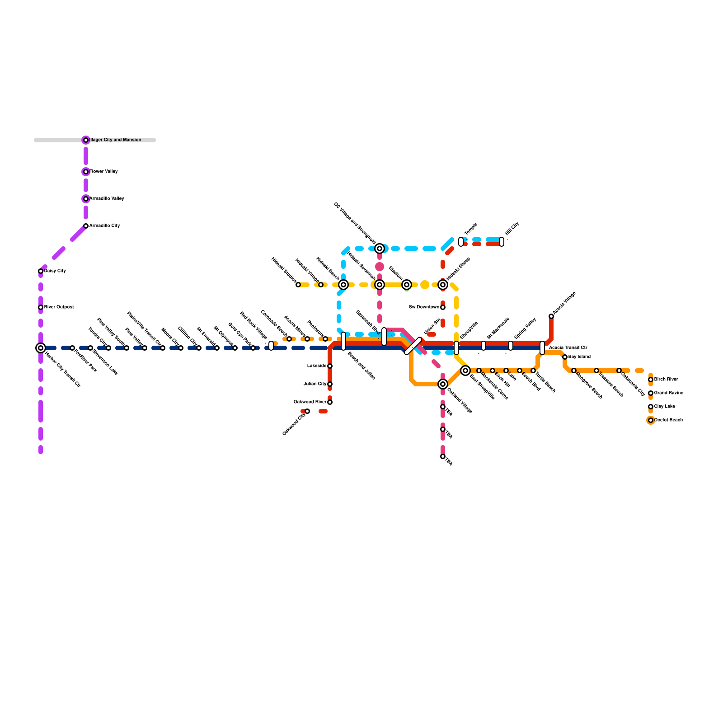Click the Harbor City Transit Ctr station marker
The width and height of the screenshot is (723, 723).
(x=41, y=348)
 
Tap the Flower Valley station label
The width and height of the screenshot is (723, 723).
(x=103, y=172)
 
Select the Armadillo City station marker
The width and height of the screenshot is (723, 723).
(x=86, y=226)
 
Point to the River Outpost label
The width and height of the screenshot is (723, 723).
(x=59, y=307)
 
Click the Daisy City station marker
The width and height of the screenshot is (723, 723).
(x=41, y=271)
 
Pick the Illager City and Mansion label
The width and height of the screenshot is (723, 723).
(x=115, y=140)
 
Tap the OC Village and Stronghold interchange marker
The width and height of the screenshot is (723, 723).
(x=380, y=249)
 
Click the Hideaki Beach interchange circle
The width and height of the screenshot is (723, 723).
(x=343, y=285)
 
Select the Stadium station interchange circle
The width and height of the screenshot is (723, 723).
(x=407, y=285)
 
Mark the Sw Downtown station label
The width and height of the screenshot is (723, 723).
(x=424, y=307)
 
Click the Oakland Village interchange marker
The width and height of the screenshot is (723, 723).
(x=443, y=384)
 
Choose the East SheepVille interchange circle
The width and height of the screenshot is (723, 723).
(x=465, y=371)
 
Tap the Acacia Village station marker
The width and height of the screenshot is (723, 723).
(x=551, y=316)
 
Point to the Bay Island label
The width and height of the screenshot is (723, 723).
(x=579, y=357)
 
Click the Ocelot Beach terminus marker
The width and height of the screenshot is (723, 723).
(x=651, y=420)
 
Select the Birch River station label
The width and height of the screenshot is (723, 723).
(x=666, y=380)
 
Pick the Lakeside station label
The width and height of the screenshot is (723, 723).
(x=317, y=366)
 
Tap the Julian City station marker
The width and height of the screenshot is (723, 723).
(x=330, y=384)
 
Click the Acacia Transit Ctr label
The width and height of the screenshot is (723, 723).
(x=568, y=348)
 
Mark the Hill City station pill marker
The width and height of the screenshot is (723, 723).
(x=502, y=242)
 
